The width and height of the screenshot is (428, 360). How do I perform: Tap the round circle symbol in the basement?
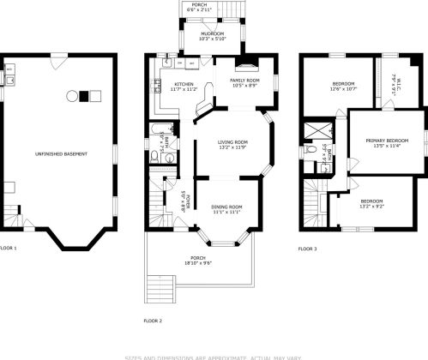[71, 95]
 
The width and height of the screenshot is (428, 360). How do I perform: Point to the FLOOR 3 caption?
[307, 249]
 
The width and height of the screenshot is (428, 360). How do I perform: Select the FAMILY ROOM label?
[244, 80]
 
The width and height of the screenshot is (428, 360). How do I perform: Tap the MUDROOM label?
[212, 35]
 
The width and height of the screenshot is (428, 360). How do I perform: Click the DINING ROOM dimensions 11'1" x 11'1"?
[226, 212]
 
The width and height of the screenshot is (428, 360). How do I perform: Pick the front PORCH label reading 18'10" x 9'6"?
[198, 261]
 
